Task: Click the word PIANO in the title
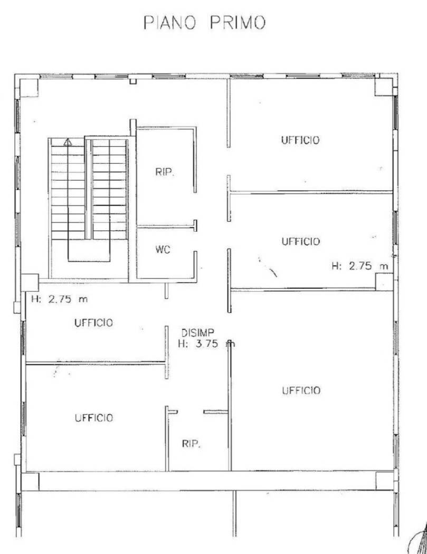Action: coord(169,23)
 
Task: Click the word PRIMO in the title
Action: coord(238,23)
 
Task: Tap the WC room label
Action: coord(163,250)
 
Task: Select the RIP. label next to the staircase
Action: coord(165,172)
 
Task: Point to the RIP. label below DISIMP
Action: coord(191,444)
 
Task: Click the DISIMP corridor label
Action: coord(197,332)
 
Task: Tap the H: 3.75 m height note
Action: coord(206,343)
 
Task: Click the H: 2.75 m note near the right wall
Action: coord(360,266)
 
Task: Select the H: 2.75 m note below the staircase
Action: coord(60,299)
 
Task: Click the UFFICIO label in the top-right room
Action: coord(300,140)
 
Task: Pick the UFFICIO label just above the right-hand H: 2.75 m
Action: coord(301,242)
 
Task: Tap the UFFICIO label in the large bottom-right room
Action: coord(301,390)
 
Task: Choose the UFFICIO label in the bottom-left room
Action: coord(93,418)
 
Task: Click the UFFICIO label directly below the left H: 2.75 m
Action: coord(93,322)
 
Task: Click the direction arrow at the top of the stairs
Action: coord(68,142)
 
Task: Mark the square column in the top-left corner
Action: coord(29,88)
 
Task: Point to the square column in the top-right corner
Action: coord(384,87)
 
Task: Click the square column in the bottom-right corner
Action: coord(385,481)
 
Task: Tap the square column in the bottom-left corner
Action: coord(30,482)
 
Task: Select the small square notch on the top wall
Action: coord(133,81)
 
